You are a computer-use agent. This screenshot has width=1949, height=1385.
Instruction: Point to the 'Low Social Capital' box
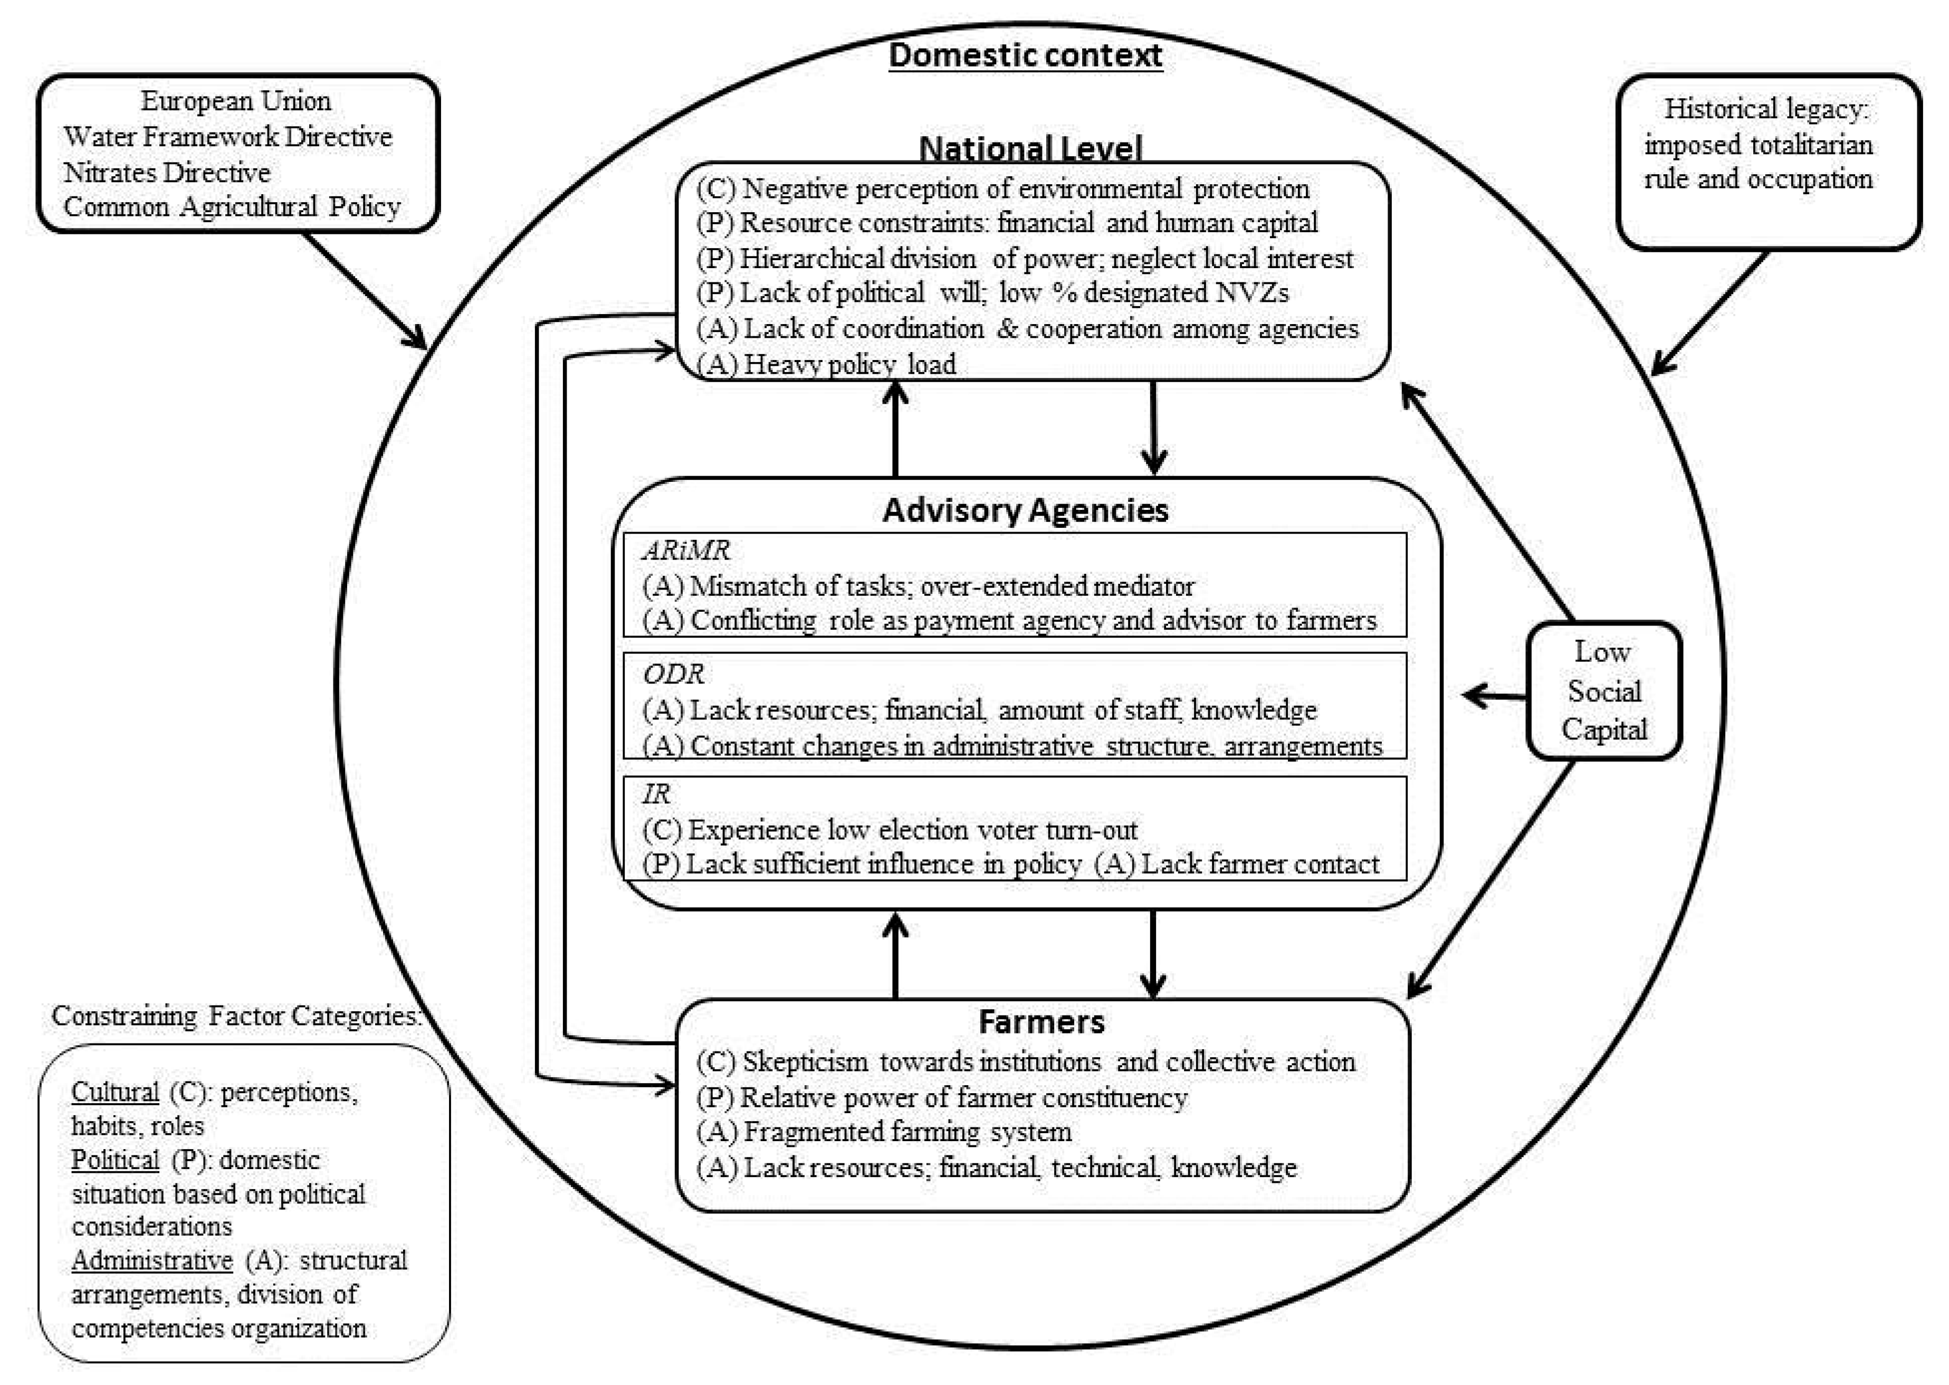[x=1603, y=691]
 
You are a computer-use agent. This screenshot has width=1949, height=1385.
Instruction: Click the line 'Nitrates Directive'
[x=167, y=172]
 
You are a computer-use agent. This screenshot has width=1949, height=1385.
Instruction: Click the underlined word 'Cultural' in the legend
[x=115, y=1092]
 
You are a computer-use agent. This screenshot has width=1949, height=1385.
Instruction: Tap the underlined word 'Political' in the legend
[x=115, y=1160]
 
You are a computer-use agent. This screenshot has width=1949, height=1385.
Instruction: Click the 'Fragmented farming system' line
[x=884, y=1132]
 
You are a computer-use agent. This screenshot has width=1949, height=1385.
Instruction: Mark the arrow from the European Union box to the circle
[x=365, y=290]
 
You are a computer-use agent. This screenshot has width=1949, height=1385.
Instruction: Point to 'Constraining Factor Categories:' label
[x=237, y=1016]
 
